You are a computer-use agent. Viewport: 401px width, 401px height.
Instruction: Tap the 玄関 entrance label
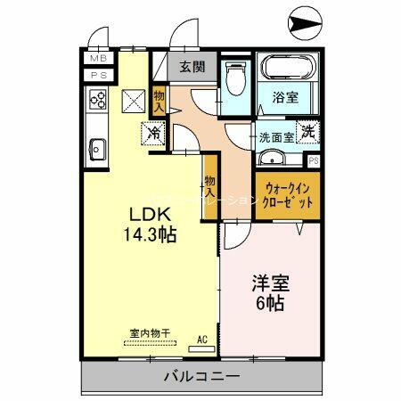[x=191, y=66]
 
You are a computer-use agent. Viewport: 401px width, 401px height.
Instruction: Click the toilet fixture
[x=235, y=80]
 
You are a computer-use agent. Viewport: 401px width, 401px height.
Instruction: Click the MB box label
[x=96, y=59]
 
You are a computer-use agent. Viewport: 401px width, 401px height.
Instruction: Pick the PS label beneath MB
[x=96, y=76]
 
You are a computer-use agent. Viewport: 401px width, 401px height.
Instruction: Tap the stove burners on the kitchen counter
[x=97, y=102]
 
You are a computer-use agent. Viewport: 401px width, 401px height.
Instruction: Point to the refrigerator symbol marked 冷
[x=153, y=135]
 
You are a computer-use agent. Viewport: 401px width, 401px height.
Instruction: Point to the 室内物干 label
[x=150, y=333]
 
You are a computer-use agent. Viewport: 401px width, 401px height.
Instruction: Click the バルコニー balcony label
[x=201, y=377]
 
